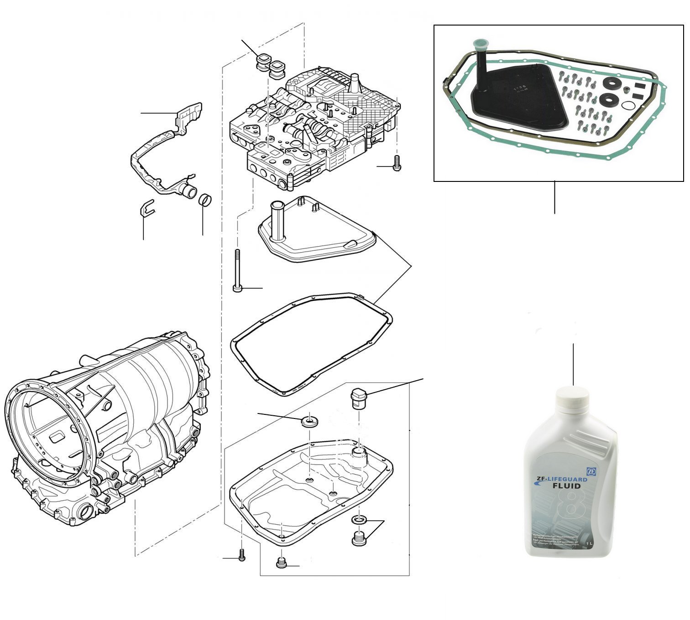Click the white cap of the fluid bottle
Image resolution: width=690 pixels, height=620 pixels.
[x=573, y=396]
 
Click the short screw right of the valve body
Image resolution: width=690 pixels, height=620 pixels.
[x=397, y=163]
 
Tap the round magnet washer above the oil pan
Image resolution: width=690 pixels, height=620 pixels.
[x=310, y=421]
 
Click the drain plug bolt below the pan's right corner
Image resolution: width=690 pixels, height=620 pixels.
[x=359, y=538]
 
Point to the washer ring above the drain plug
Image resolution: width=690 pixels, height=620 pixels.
[x=358, y=520]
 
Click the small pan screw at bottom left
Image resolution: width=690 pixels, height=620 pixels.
[x=242, y=555]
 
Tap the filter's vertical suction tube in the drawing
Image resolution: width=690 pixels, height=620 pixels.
[x=277, y=221]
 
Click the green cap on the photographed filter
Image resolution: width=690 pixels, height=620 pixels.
[x=479, y=45]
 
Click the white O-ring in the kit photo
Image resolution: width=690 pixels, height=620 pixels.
[x=628, y=106]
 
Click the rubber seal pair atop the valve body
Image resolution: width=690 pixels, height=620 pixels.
[x=270, y=65]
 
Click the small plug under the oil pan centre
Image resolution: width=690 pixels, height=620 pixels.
[x=282, y=563]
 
